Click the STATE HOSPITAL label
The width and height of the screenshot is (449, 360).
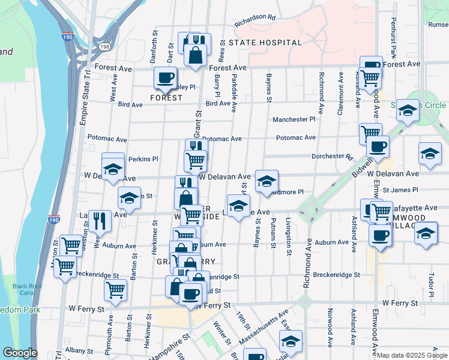(x=265, y=43)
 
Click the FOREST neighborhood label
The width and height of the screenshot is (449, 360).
(x=166, y=98)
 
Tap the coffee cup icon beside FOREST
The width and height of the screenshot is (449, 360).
(x=165, y=77)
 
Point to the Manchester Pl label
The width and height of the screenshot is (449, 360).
(x=294, y=120)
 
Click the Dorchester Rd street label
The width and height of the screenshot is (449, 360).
(x=332, y=157)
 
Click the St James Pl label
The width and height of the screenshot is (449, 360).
(x=400, y=190)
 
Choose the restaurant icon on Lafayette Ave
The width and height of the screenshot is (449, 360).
(x=100, y=220)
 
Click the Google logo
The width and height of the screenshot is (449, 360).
(x=20, y=353)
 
